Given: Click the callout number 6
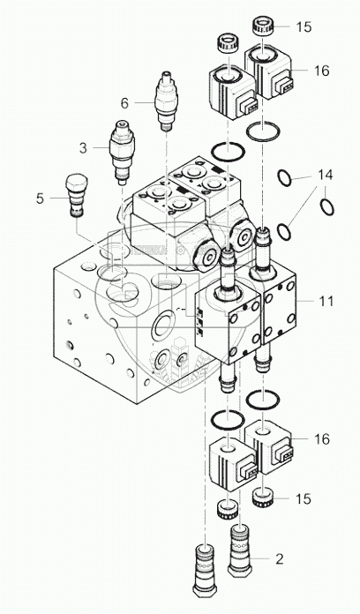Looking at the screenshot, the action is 124,103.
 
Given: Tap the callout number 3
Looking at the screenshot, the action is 83,148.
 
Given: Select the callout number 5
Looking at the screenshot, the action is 40,198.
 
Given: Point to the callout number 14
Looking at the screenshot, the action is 326,175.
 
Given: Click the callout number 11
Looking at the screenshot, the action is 326,302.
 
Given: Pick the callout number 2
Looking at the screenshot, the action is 280,558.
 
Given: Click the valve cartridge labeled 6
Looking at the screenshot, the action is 167,101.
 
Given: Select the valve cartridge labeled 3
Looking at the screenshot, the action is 123,153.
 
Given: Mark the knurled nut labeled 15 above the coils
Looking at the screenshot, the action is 263,25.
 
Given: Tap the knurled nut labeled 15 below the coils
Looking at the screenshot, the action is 262,498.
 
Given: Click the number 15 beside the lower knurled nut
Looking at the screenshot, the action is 304,499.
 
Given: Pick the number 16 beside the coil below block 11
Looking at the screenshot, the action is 322,439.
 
